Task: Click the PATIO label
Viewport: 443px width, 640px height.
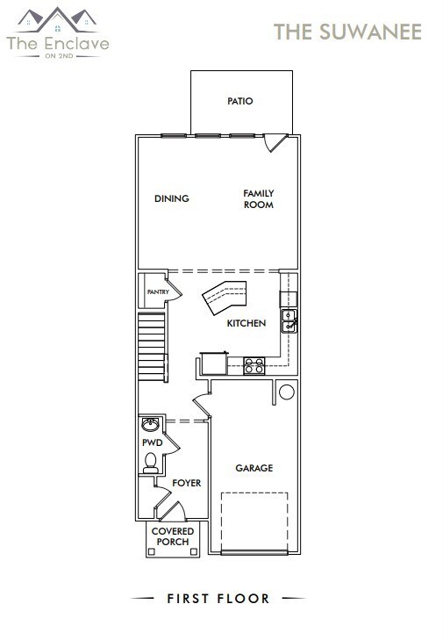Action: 239,101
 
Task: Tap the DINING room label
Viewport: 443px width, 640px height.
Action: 171,198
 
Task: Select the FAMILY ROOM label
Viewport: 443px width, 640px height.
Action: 259,199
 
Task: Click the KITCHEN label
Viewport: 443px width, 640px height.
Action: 246,324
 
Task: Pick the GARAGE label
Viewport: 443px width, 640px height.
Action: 254,468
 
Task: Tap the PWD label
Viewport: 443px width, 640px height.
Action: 153,443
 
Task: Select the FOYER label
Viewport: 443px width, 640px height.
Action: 186,483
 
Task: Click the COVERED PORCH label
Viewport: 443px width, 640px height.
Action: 173,537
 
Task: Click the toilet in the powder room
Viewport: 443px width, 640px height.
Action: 150,463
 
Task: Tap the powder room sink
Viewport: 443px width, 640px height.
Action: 151,423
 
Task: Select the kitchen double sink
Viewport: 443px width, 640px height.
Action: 289,321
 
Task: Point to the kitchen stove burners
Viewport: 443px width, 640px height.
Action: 254,366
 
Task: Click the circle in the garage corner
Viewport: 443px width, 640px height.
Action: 285,392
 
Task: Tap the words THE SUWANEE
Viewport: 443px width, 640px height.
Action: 348,32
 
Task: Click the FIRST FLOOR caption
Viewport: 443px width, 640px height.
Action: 218,599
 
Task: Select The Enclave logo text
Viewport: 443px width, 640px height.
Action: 58,41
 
